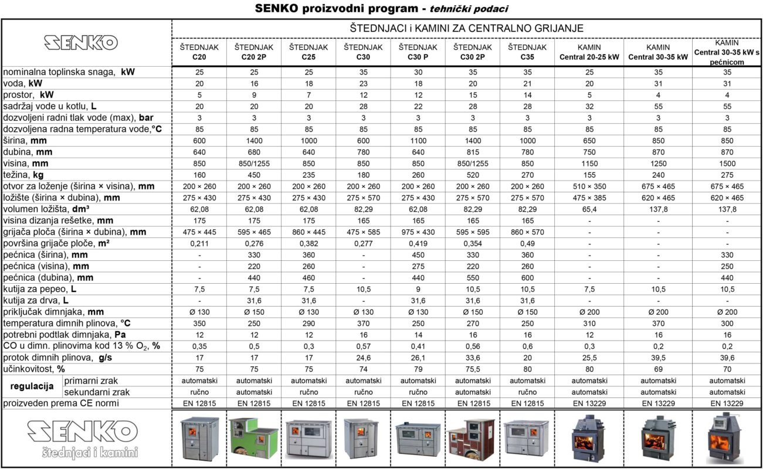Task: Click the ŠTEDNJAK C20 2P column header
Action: (253, 52)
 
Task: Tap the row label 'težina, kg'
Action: (24, 175)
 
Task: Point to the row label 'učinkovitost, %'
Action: (34, 369)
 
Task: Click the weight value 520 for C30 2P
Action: (473, 175)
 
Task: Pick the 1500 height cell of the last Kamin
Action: (727, 164)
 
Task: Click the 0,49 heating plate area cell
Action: (527, 243)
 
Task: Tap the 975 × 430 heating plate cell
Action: (418, 232)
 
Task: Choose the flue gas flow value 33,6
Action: (473, 358)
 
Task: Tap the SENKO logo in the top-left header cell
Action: (81, 42)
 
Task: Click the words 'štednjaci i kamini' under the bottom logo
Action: (90, 452)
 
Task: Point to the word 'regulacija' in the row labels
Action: (32, 386)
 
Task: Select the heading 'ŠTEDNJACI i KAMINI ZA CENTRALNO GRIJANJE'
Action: (466, 28)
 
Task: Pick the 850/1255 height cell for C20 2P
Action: (253, 164)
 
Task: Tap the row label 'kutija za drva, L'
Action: (36, 300)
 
